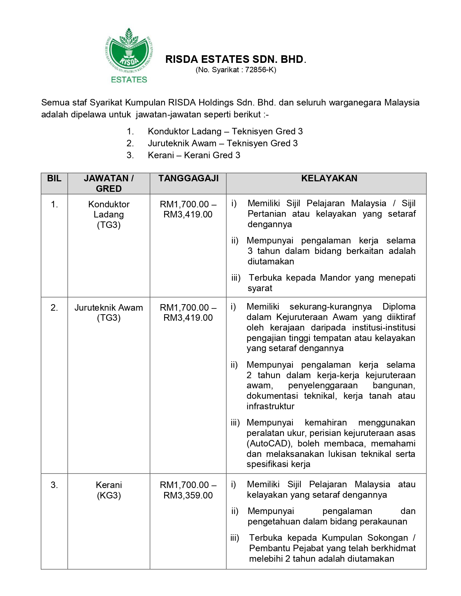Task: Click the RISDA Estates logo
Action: coord(129,55)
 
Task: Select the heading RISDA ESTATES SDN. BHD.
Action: coord(236,59)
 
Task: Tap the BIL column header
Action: coord(54,178)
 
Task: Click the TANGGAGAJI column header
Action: coord(188,178)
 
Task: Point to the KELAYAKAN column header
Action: coord(329,178)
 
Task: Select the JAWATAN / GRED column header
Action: coord(109,183)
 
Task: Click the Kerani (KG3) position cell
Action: coord(109,490)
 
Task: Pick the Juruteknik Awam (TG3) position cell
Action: coord(109,313)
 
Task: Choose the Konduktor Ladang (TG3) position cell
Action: coord(109,215)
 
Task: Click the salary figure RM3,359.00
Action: coord(188,496)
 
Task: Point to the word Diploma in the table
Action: coord(399,307)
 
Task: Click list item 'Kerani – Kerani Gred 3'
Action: coord(194,155)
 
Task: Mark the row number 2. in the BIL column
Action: coord(54,308)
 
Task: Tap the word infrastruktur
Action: coord(270,406)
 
